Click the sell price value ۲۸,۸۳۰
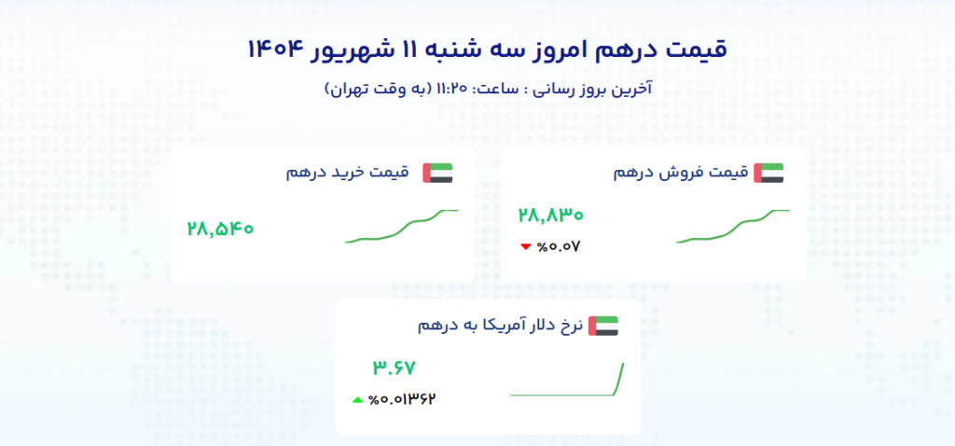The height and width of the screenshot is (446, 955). coord(550,216)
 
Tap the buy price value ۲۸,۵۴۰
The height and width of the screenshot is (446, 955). coord(220,230)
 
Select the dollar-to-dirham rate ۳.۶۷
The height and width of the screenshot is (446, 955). coord(394,368)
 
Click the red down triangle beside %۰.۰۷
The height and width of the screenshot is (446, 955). coord(526,246)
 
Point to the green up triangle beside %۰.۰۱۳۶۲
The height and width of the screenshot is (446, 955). coord(357,400)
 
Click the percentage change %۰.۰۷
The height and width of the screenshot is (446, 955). coord(559,246)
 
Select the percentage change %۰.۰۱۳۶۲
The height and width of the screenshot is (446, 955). coord(403,399)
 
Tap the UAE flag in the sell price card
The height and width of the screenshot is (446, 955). coord(768,173)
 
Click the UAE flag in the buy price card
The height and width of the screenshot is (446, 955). coord(438,173)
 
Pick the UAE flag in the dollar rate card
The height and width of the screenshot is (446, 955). coord(603,326)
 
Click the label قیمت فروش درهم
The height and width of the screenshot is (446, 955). coord(680,173)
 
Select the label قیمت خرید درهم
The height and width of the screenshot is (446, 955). coord(349,173)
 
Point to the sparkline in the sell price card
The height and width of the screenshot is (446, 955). coord(733,226)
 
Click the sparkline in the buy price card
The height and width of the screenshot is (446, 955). coord(402,226)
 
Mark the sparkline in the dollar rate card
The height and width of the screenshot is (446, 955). coord(567,380)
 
